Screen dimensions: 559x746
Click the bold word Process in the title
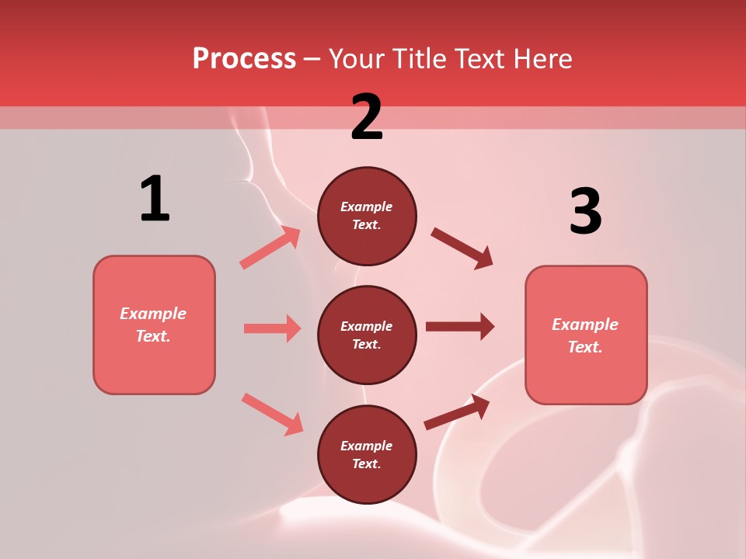click(244, 59)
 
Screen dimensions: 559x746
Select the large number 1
click(155, 200)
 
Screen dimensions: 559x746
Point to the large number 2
click(367, 117)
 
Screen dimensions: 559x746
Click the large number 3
click(585, 212)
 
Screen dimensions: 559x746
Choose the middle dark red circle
click(367, 335)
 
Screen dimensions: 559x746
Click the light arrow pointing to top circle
click(270, 248)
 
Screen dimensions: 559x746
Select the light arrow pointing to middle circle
click(272, 328)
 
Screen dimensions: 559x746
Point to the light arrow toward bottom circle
click(272, 414)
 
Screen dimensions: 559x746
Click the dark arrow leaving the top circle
click(462, 248)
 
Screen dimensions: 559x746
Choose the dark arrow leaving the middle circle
click(459, 327)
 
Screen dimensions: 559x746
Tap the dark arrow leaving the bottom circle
click(457, 411)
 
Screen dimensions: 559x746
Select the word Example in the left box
click(153, 314)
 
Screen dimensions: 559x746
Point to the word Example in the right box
click(585, 325)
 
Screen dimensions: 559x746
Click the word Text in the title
click(476, 59)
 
